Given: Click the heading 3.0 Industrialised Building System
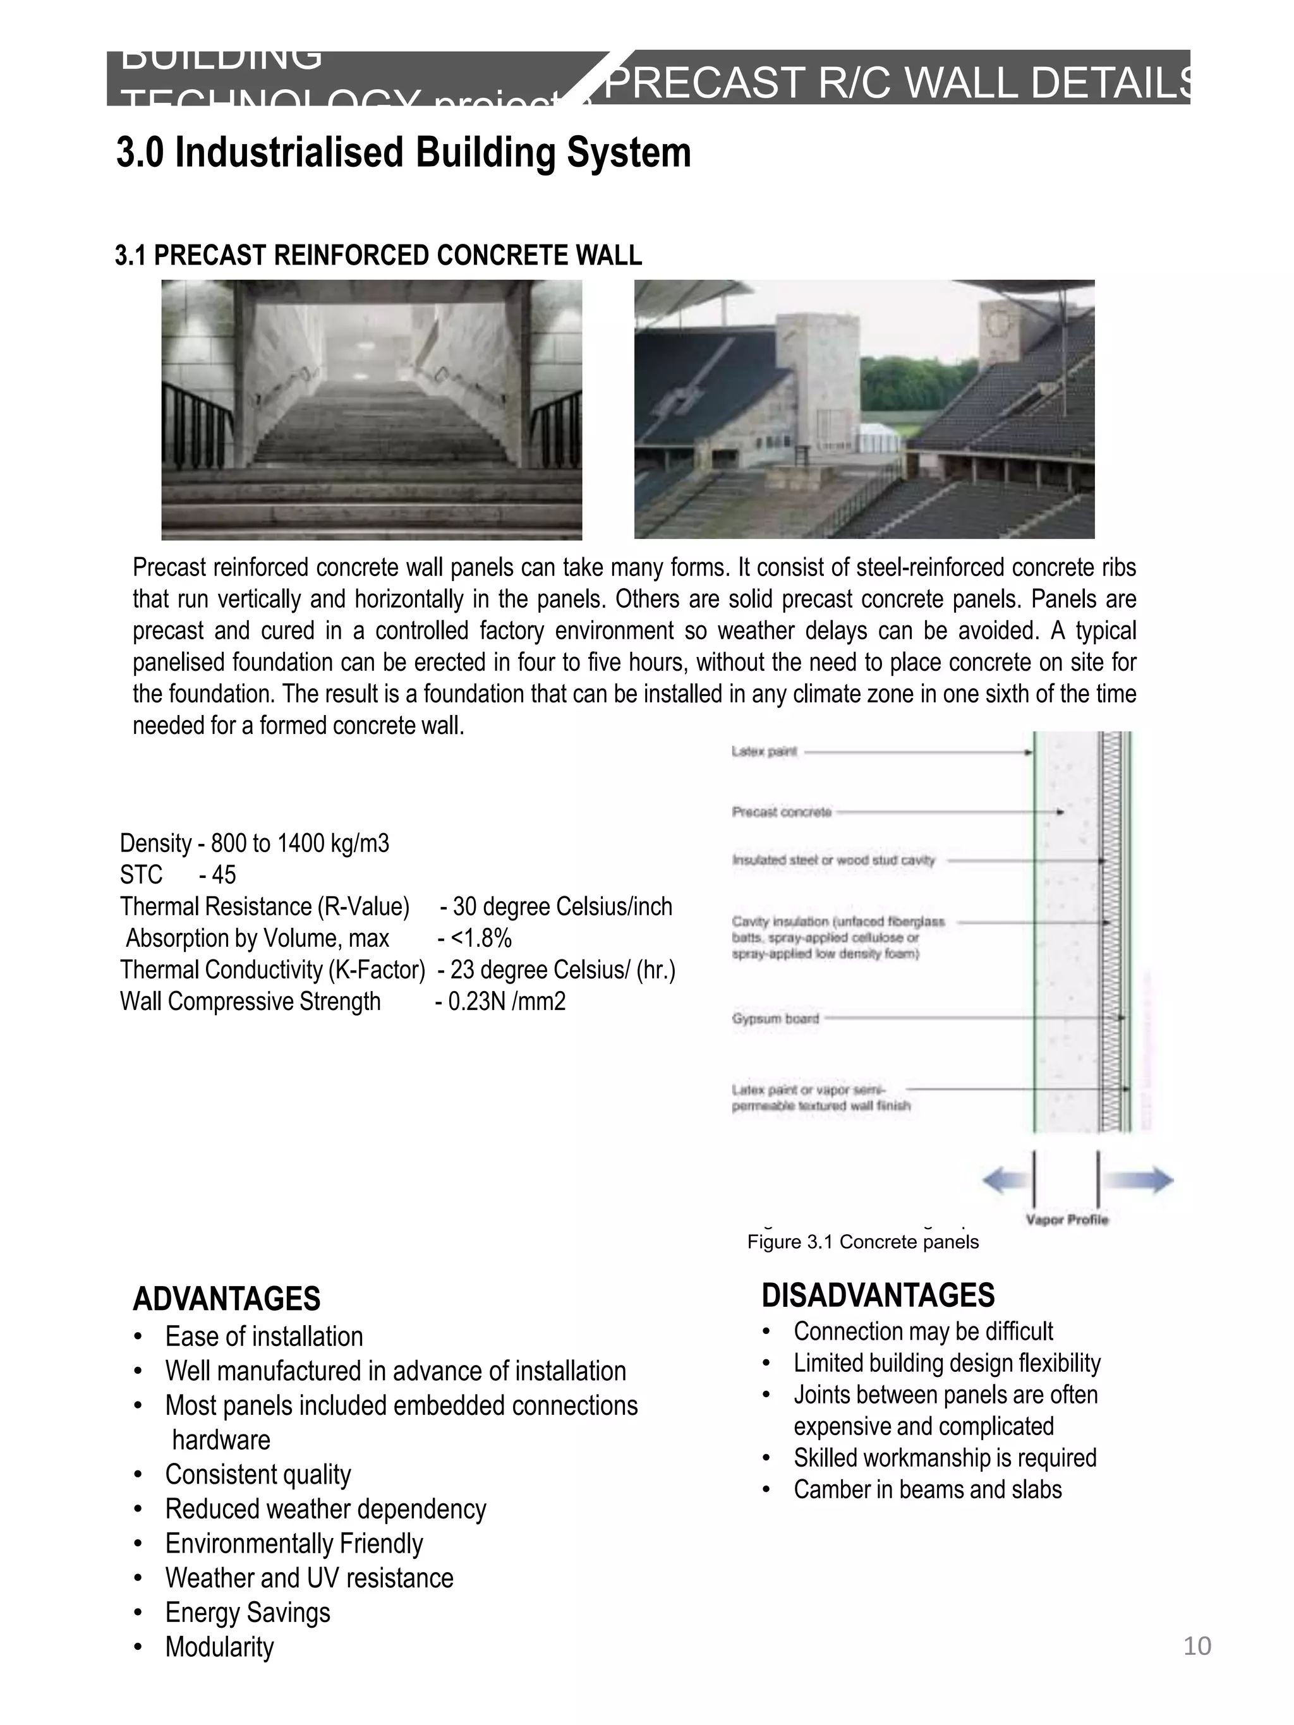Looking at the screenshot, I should click(x=403, y=152).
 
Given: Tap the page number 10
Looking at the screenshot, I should click(x=1197, y=1645).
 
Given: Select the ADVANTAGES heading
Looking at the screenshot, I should click(x=226, y=1299).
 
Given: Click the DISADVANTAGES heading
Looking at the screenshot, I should click(x=878, y=1295).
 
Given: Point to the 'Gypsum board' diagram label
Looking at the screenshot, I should click(x=775, y=1018).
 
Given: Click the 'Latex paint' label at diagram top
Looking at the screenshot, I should click(x=764, y=752).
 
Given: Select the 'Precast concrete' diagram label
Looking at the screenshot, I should click(x=782, y=812).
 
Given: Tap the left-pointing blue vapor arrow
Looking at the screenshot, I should click(x=1005, y=1181).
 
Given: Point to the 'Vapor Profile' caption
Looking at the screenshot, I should click(x=1067, y=1220).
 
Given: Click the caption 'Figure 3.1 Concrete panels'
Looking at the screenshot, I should click(x=862, y=1242).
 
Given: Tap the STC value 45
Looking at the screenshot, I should click(x=223, y=875).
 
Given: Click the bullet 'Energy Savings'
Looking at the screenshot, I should click(x=247, y=1612).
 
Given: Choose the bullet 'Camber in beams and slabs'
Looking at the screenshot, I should click(x=928, y=1489).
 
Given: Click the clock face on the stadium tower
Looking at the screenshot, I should click(x=998, y=322).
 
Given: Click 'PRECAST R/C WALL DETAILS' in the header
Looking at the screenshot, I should click(x=897, y=83).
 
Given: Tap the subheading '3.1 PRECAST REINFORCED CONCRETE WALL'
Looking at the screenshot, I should click(x=378, y=255).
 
